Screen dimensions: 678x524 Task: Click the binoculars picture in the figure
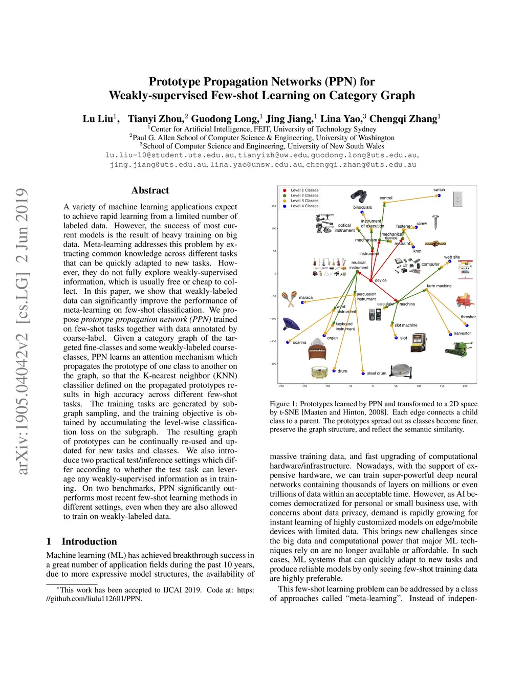tap(358, 196)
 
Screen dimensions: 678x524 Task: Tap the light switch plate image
tap(458, 199)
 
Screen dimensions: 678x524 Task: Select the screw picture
tap(435, 222)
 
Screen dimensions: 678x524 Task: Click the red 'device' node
tap(371, 280)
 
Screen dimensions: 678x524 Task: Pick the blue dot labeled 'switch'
tap(439, 195)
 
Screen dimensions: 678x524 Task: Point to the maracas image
tap(289, 298)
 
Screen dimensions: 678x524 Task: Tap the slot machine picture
tap(418, 342)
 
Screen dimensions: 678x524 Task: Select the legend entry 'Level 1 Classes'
tap(304, 190)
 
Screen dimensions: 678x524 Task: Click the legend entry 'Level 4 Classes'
tap(304, 206)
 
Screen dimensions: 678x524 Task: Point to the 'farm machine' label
tap(439, 286)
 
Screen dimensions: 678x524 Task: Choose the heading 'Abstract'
tap(150, 190)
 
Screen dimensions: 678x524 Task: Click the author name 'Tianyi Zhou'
tap(156, 119)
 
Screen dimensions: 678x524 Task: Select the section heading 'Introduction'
tap(89, 541)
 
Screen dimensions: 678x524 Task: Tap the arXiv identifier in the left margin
tap(23, 331)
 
